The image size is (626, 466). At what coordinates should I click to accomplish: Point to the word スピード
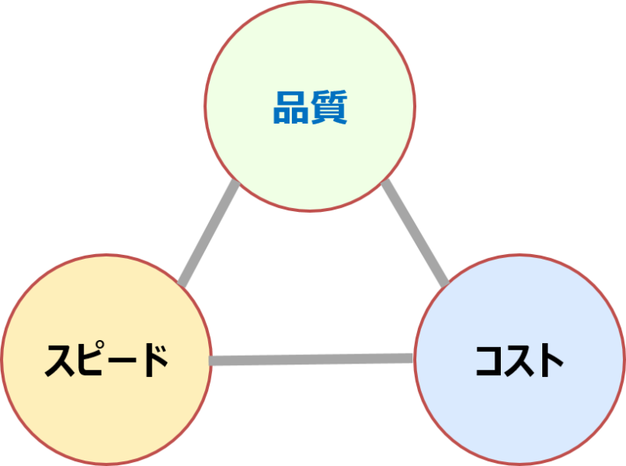point(106,360)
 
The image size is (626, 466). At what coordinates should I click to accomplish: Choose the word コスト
point(520,360)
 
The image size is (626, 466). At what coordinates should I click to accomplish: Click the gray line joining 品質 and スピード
point(209,232)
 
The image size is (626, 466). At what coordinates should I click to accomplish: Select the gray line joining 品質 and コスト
point(415,232)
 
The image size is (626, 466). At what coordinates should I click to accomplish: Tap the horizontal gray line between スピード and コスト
point(312,360)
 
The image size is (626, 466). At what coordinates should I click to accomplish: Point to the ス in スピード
point(60,361)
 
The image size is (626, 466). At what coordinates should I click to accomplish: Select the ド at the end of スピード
point(153,360)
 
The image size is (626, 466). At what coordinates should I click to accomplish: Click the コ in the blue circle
point(490,361)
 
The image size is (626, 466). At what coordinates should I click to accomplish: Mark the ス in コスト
point(520,361)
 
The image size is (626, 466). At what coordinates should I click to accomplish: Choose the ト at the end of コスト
point(550,360)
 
